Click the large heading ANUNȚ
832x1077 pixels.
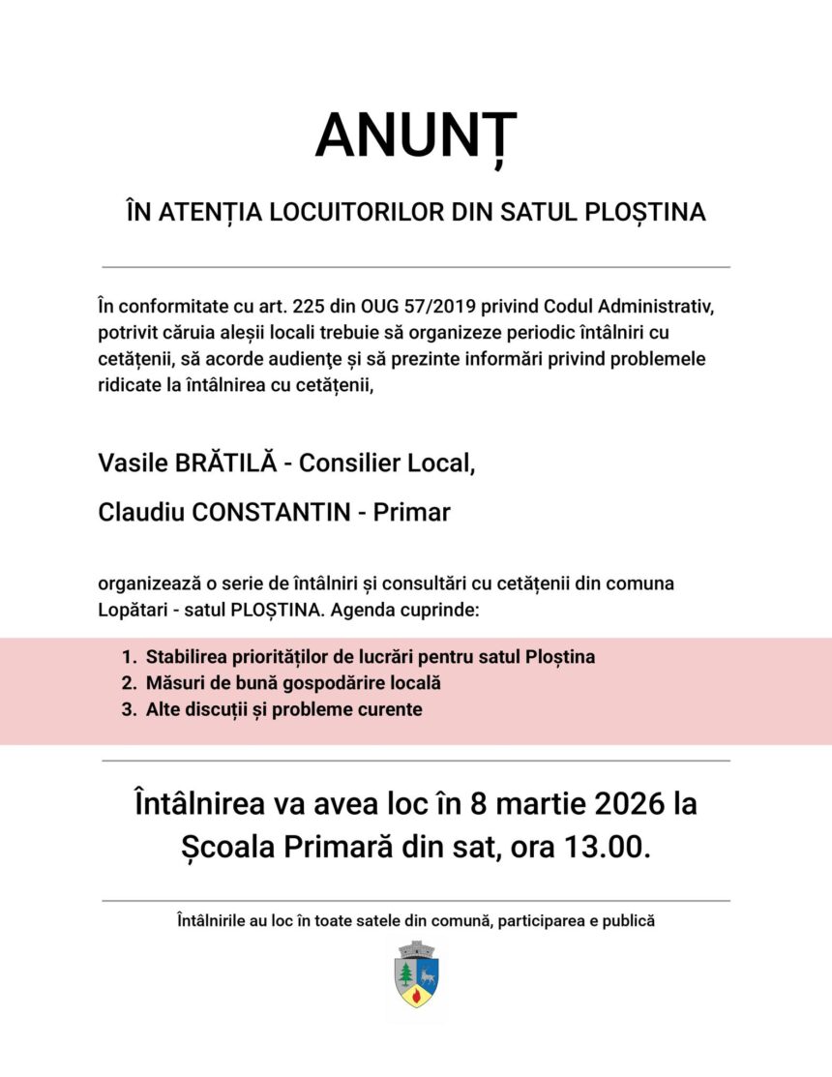pos(415,136)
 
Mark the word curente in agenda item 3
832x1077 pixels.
pos(389,709)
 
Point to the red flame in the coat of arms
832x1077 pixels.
pos(416,994)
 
